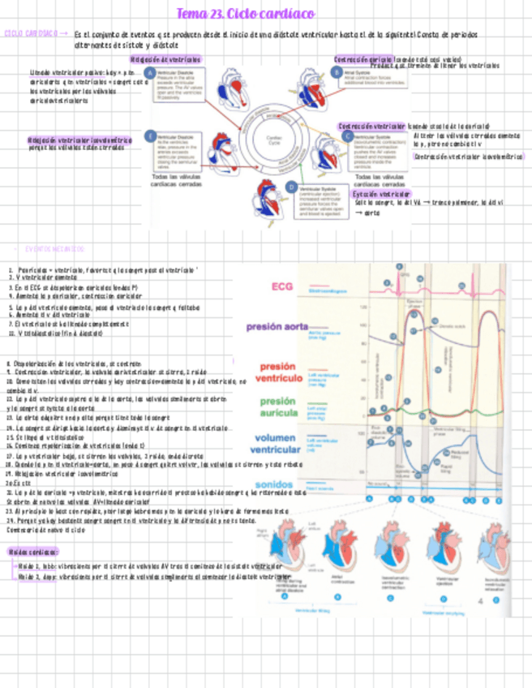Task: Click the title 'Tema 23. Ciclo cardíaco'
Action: [x=246, y=15]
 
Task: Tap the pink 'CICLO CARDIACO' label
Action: [x=31, y=35]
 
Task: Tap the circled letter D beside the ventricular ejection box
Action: [x=291, y=187]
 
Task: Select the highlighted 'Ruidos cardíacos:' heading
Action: [x=33, y=552]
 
